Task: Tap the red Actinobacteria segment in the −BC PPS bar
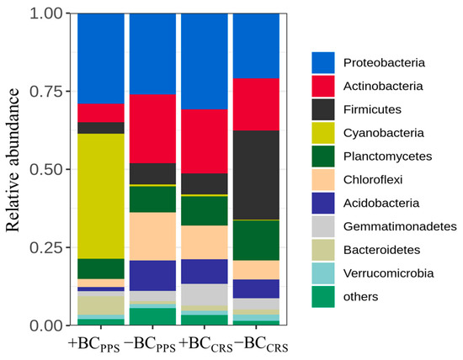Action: click(x=152, y=129)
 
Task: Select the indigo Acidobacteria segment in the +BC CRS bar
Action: click(x=204, y=271)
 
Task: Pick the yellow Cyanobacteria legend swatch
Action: click(x=323, y=133)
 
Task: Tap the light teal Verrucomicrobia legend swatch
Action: click(x=323, y=273)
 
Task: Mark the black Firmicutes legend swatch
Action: click(x=323, y=109)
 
